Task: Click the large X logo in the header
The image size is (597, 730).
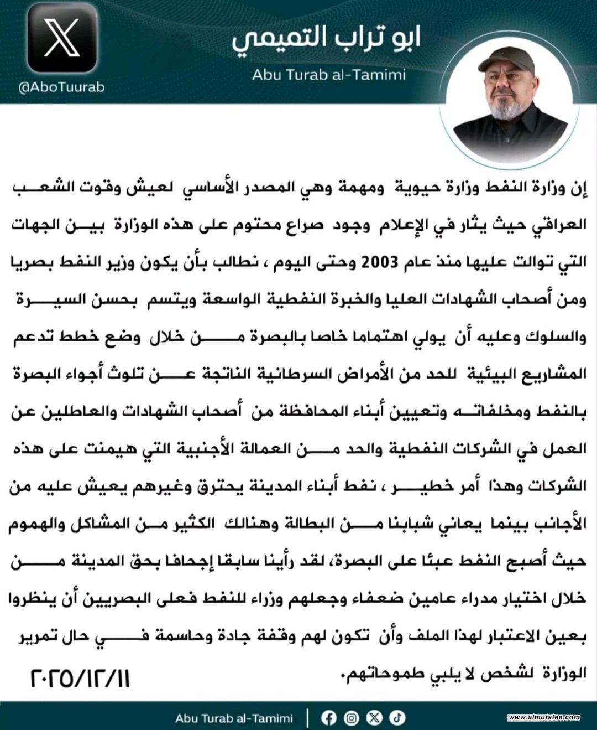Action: pos(62,38)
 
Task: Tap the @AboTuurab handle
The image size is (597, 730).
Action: pos(61,87)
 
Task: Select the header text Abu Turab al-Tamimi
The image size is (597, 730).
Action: pos(329,74)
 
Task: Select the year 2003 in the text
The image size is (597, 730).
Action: pos(380,262)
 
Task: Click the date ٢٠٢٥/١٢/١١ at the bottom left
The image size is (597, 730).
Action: pos(80,678)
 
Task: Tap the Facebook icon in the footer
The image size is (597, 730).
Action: pos(329,718)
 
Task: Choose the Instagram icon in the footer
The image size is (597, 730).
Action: pos(352,718)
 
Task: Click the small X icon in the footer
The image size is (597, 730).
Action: pos(375,718)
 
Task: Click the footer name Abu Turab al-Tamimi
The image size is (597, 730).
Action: pos(234,718)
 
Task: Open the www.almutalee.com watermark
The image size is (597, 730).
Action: pos(544,717)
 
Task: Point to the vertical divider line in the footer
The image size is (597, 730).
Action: pos(308,718)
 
